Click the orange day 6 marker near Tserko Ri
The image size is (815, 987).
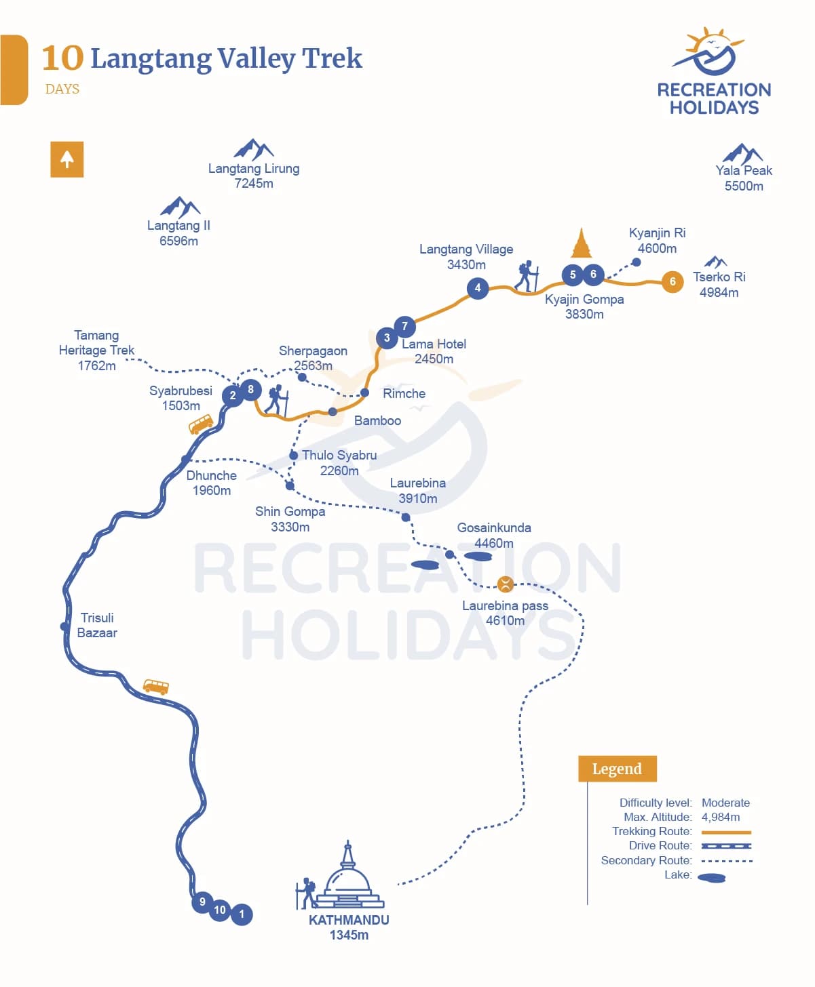(672, 281)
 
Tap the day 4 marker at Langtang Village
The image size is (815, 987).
(478, 288)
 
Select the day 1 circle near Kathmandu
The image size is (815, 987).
(242, 914)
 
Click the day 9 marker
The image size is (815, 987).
(202, 902)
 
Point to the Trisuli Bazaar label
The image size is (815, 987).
(97, 625)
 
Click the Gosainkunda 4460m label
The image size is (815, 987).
(494, 535)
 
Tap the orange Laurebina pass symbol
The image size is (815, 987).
(506, 584)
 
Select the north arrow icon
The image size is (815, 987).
(67, 159)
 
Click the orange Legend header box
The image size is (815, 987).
(617, 769)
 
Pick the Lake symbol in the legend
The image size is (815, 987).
(712, 878)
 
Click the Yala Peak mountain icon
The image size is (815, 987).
(742, 153)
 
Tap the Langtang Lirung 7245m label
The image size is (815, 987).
(254, 176)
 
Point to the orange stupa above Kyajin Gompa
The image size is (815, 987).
(581, 244)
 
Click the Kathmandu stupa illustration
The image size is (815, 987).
(347, 878)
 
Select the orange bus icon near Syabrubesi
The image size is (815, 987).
(201, 424)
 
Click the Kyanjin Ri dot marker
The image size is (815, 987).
(637, 262)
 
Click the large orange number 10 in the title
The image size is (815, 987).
(62, 58)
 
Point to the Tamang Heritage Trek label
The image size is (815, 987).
(96, 350)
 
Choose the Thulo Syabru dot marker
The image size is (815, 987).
(293, 456)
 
